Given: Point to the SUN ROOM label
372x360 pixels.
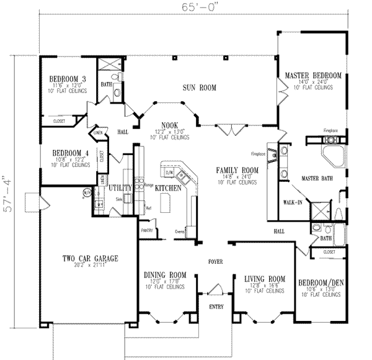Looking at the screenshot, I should point(199,88).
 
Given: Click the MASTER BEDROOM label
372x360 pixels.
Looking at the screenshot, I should point(313,76).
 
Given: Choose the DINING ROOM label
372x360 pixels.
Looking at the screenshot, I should point(165,275).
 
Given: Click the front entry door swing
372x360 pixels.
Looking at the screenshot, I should point(215,289).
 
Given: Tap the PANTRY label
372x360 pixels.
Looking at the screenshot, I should point(147,230).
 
